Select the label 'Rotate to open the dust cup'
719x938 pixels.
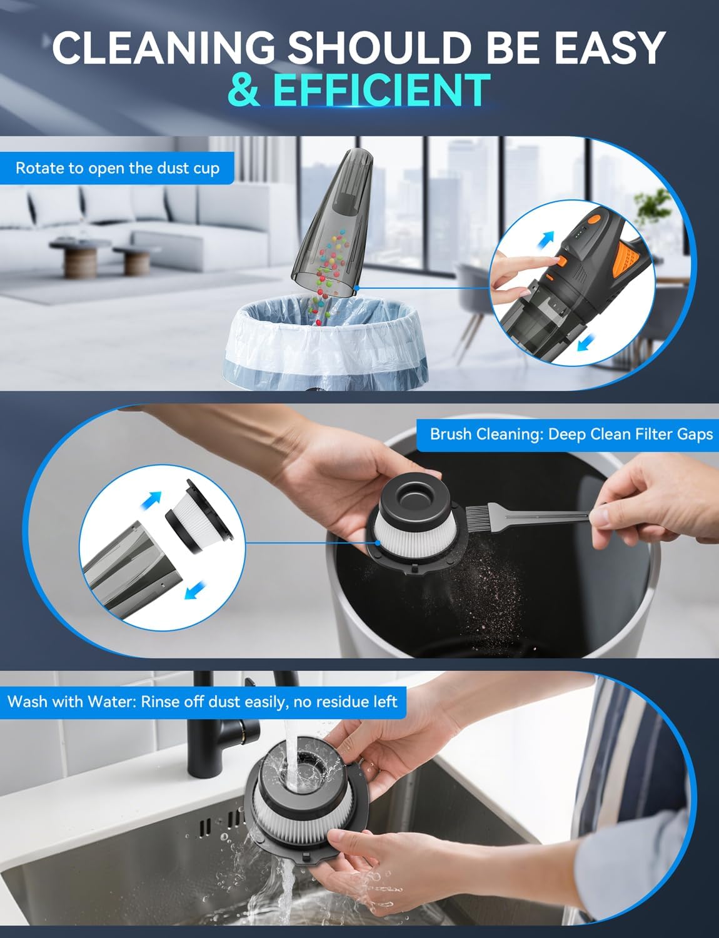[118, 168]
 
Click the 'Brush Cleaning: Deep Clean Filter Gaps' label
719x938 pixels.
[571, 434]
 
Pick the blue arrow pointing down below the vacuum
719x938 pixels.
[584, 343]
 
